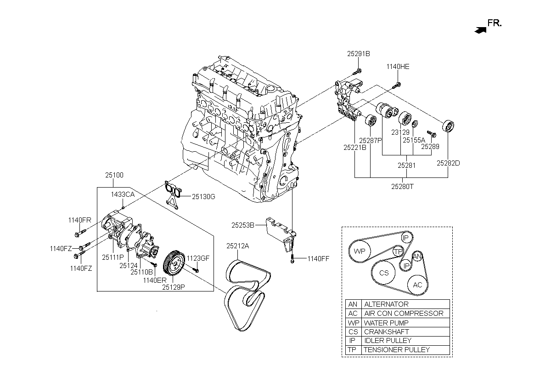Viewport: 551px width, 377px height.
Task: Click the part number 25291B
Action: click(x=359, y=54)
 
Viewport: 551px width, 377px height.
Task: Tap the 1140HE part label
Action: click(x=398, y=67)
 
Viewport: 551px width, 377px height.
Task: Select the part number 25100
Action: click(x=114, y=175)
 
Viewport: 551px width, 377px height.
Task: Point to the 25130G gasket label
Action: click(x=203, y=197)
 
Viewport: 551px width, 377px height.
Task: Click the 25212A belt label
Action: click(x=238, y=246)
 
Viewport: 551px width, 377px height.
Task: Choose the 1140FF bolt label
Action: click(x=318, y=258)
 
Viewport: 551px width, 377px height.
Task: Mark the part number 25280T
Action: click(x=402, y=186)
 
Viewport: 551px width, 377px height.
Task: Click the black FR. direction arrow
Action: click(x=480, y=30)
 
